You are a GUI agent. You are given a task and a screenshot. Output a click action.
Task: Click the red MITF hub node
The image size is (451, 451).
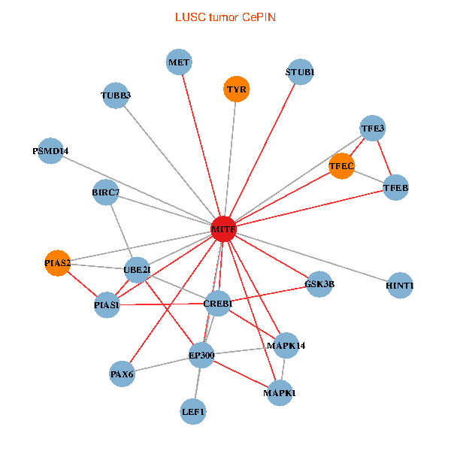click(x=223, y=229)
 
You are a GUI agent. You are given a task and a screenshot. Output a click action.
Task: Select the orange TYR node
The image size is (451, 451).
click(x=236, y=89)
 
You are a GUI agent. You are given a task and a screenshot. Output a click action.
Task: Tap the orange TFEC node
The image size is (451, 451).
click(x=341, y=165)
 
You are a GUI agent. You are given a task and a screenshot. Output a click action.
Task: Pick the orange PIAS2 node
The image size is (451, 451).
click(x=57, y=263)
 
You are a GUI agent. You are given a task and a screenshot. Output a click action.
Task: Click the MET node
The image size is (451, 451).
click(x=179, y=62)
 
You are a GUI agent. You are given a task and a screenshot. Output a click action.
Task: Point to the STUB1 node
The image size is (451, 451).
click(x=300, y=72)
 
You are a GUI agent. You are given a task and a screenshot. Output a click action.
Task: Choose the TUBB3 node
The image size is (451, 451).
click(x=116, y=95)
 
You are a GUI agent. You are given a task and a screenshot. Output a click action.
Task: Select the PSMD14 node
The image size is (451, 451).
click(x=50, y=151)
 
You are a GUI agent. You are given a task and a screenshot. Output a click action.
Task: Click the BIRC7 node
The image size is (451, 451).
click(x=106, y=193)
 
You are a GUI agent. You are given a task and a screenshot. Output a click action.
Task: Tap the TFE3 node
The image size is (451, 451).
click(x=373, y=129)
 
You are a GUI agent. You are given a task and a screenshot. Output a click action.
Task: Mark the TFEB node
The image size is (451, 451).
click(x=395, y=187)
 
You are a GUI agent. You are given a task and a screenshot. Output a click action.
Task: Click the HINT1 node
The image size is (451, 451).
click(x=400, y=286)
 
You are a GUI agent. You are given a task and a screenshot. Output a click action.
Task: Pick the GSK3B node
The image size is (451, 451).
click(x=319, y=284)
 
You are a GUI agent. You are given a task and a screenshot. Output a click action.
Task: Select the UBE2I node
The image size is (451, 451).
click(x=137, y=269)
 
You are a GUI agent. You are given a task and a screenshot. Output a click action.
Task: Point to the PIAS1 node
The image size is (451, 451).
click(x=107, y=305)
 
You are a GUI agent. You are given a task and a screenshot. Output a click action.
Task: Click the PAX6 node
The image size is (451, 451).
click(x=122, y=374)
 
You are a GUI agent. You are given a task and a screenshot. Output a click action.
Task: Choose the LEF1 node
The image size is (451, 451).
click(x=193, y=411)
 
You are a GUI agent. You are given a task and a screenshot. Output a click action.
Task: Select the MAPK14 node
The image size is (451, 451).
click(x=286, y=346)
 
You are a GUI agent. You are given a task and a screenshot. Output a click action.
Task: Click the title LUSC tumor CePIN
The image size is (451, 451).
click(x=225, y=17)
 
